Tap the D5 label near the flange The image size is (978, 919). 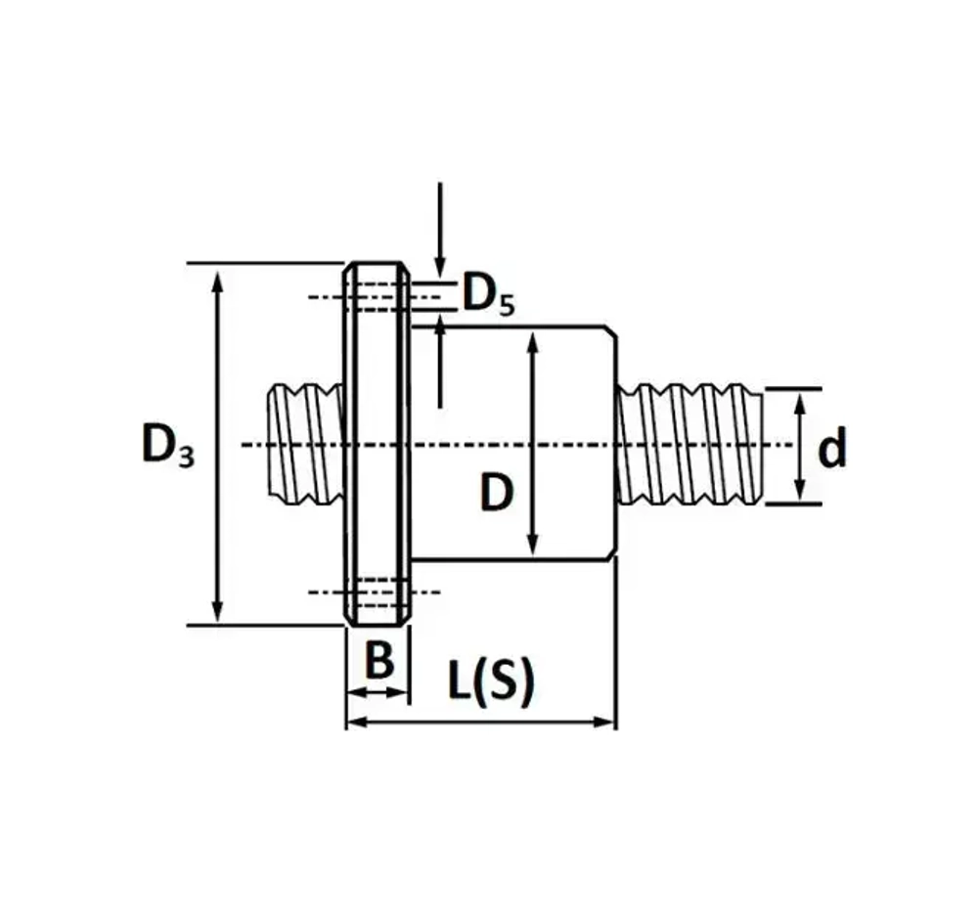point(487,293)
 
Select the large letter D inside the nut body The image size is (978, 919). point(497,495)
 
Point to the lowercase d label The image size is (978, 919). point(832,449)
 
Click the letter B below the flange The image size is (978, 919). point(379,661)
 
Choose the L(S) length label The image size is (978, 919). point(491,680)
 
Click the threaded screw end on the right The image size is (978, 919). point(689,445)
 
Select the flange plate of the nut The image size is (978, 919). point(377,445)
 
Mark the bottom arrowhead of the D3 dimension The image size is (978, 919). point(218,612)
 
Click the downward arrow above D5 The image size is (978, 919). point(440,264)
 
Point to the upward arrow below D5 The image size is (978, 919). point(440,328)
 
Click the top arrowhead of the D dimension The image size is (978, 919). point(532,342)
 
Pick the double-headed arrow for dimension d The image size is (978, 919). point(800,446)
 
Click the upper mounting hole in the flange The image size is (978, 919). point(377,296)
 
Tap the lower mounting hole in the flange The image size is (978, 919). point(377,591)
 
